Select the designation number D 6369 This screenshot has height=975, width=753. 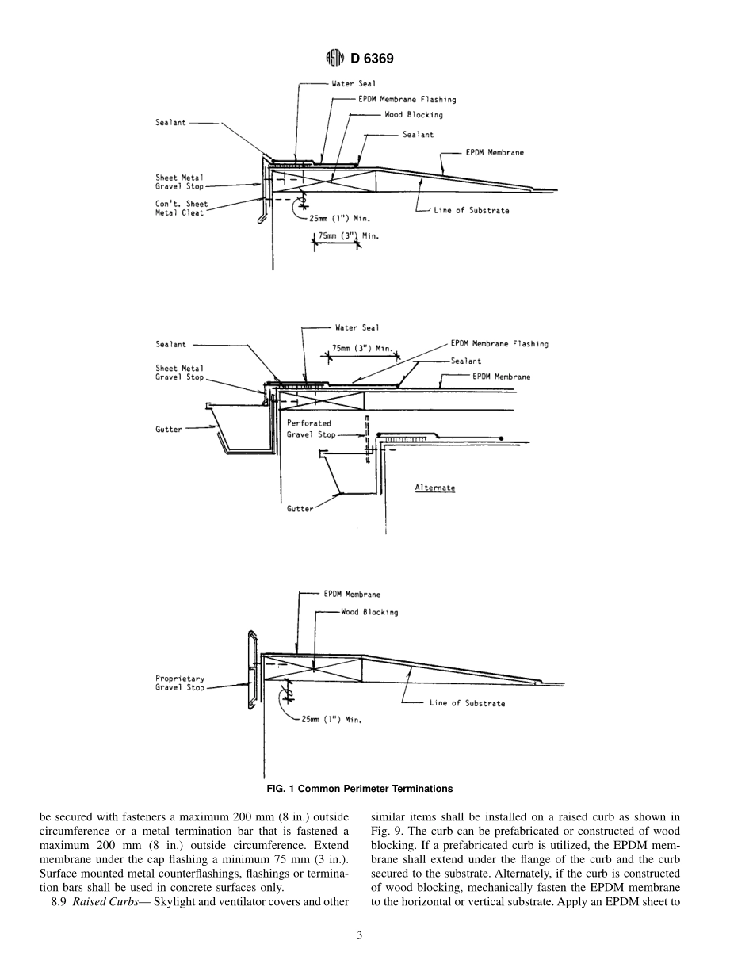(372, 59)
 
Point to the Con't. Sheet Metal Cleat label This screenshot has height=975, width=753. (182, 208)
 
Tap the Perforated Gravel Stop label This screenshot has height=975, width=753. (311, 429)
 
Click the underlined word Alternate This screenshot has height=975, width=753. (435, 487)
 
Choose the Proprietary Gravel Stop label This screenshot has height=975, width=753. (180, 683)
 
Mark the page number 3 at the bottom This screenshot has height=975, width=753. (360, 935)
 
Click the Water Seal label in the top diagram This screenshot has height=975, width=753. (354, 83)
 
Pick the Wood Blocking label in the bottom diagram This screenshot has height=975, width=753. (369, 612)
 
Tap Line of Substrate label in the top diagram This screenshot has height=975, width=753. (471, 211)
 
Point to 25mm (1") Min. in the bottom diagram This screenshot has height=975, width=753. (331, 720)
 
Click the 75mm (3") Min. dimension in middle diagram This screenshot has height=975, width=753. (362, 348)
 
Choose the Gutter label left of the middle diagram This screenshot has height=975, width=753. (168, 429)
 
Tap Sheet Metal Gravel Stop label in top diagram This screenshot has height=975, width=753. (180, 182)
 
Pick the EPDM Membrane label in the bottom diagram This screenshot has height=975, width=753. (352, 594)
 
